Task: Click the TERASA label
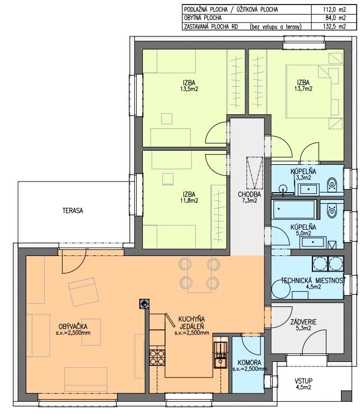[x=73, y=211]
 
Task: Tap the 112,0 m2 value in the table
[x=334, y=10]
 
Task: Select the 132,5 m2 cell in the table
[x=334, y=26]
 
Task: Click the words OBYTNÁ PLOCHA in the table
[x=203, y=18]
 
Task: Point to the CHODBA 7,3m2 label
[x=249, y=198]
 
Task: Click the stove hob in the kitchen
[x=157, y=357]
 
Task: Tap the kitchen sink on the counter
[x=221, y=355]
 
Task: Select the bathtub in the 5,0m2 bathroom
[x=294, y=210]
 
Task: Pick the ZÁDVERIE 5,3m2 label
[x=303, y=325]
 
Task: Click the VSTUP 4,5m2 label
[x=303, y=384]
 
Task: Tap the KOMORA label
[x=249, y=363]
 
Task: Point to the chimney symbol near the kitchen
[x=144, y=304]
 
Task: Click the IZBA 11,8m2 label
[x=189, y=198]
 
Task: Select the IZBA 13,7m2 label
[x=303, y=86]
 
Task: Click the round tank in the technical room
[x=280, y=290]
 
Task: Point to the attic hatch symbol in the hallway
[x=255, y=172]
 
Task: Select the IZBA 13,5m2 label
[x=189, y=86]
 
